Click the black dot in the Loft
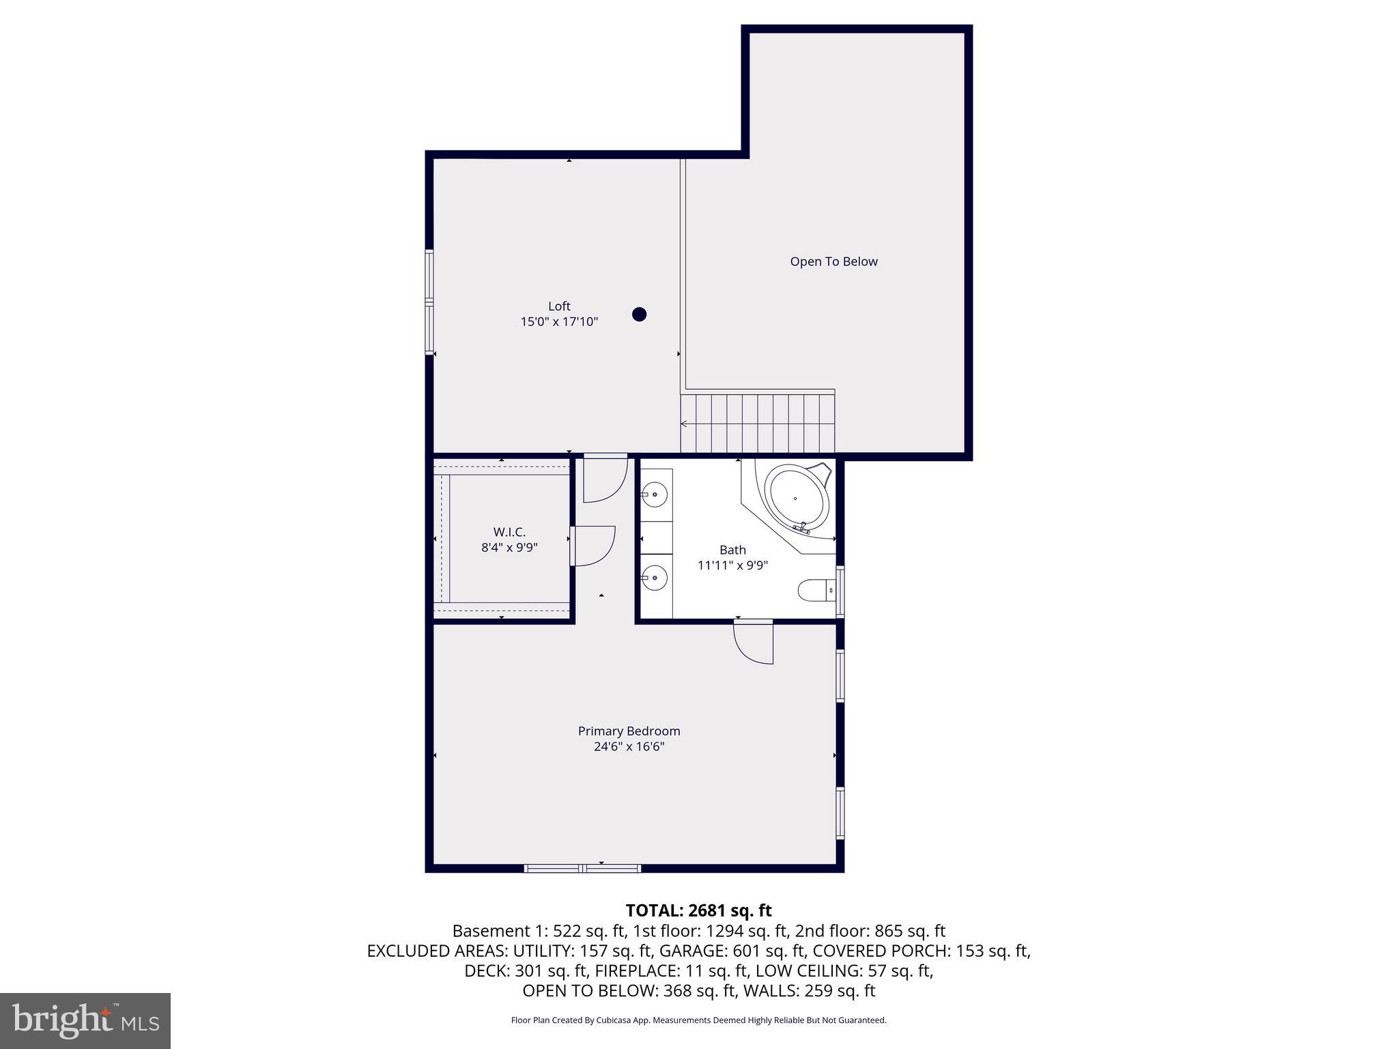639,314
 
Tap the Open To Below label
833,262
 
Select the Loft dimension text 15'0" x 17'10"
559,322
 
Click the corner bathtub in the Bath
796,498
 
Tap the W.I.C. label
509,532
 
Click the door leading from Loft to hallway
605,479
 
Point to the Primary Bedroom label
629,731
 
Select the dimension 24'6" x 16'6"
629,746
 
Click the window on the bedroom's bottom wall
582,868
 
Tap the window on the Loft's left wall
429,301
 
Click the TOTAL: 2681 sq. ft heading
698,910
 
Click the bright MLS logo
85,1020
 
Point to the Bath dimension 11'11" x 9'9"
732,565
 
